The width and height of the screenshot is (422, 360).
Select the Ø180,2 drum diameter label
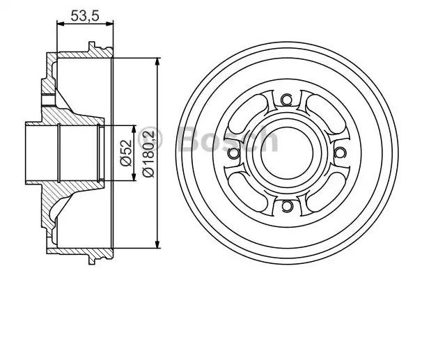pos(148,153)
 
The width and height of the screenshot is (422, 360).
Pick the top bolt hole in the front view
pos(286,100)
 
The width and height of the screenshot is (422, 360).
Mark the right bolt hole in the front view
pos(339,152)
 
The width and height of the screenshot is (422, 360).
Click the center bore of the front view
pos(286,152)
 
